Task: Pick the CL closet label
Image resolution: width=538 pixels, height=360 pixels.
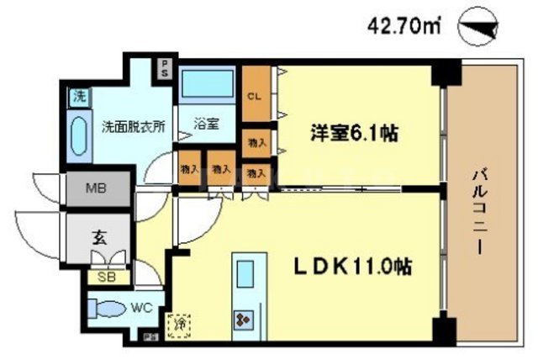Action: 253,96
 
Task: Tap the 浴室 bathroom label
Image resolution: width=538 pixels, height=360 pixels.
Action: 208,124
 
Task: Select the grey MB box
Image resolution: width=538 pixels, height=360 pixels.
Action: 98,188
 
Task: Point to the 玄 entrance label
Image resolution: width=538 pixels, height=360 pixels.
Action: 98,236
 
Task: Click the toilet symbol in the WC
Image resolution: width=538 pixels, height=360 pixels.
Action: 104,307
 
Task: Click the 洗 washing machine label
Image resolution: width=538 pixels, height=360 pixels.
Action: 77,96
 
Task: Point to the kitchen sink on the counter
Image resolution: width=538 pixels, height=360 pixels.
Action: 247,274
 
